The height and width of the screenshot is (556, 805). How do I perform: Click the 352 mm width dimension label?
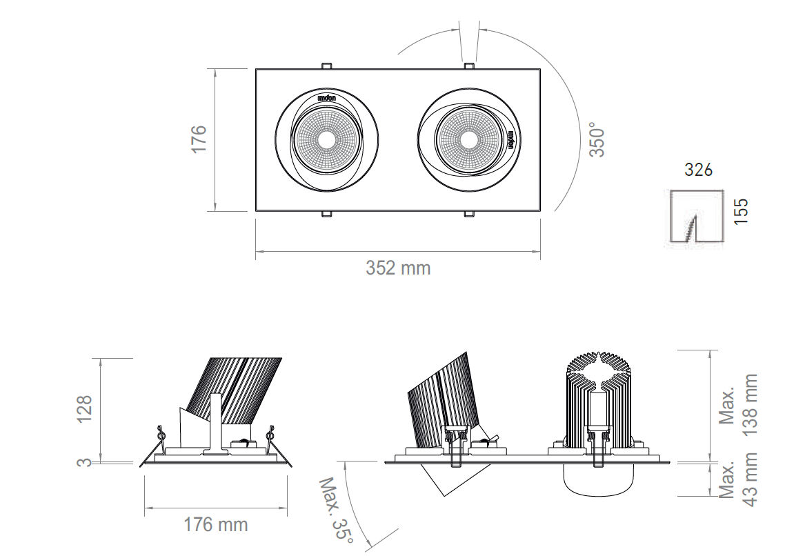(x=398, y=268)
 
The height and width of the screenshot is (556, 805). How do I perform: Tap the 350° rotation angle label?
(x=597, y=140)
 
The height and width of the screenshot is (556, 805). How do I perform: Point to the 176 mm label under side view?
(x=215, y=524)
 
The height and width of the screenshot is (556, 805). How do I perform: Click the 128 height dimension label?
(x=84, y=410)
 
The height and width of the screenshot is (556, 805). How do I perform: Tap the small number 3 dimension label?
(x=84, y=462)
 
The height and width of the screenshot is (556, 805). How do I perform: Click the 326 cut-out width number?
(x=698, y=170)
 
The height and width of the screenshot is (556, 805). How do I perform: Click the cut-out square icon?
(x=697, y=216)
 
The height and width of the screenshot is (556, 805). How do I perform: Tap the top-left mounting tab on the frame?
(x=326, y=66)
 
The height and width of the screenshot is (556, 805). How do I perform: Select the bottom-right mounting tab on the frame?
(x=468, y=214)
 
